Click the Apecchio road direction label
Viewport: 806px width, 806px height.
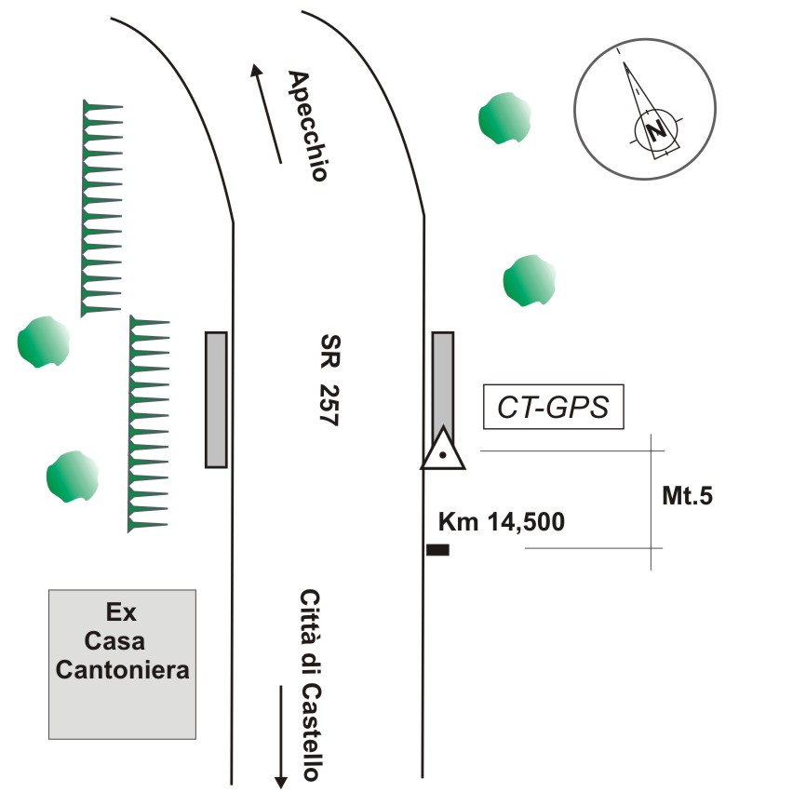[x=308, y=126]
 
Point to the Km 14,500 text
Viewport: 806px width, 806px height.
[x=501, y=522]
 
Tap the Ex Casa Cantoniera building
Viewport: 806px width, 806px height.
[x=123, y=664]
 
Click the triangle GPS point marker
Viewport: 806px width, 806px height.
[x=445, y=450]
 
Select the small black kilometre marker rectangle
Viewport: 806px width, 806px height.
[x=437, y=550]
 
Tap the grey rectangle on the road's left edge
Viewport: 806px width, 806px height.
[x=216, y=399]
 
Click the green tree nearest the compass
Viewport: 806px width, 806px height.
[x=504, y=117]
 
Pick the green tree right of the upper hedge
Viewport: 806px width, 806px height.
[x=530, y=280]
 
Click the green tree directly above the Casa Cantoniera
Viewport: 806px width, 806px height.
[x=72, y=477]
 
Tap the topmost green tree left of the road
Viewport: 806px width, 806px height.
[x=43, y=341]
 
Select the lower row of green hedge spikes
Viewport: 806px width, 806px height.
[x=148, y=424]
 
